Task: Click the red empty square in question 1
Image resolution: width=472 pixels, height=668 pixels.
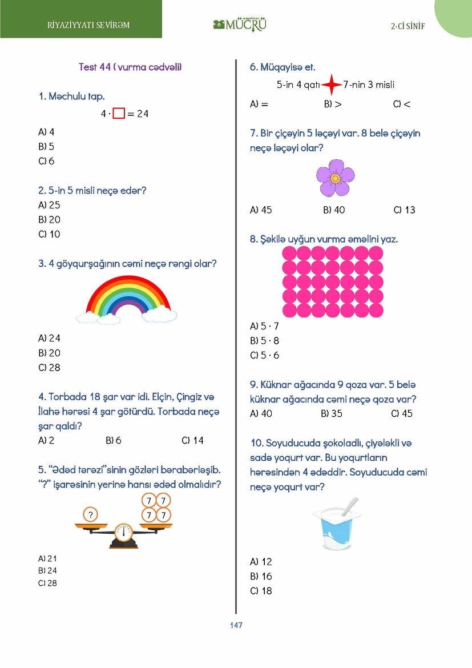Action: (119, 114)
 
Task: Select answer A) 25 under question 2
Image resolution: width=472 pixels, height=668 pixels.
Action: (49, 205)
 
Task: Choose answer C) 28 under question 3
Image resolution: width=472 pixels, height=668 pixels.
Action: (49, 368)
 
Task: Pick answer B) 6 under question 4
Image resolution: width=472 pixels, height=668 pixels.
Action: (114, 440)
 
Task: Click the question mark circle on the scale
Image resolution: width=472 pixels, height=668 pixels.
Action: (90, 515)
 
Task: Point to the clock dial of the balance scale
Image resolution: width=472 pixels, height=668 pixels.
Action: (124, 533)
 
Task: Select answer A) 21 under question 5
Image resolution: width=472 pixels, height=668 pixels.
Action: (47, 558)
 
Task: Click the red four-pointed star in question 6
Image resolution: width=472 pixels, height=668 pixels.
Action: (331, 85)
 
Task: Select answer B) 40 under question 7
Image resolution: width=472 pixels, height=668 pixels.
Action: (334, 210)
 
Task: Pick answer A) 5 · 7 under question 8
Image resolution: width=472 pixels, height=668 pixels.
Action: (264, 327)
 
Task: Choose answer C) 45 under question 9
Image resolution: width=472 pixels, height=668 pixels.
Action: (402, 413)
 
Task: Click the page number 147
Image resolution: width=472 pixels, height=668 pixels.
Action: (236, 625)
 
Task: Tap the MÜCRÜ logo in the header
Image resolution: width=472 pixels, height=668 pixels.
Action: (240, 25)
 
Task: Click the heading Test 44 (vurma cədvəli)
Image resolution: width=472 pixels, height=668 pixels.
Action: (130, 67)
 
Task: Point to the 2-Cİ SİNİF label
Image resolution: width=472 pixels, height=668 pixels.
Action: (408, 26)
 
